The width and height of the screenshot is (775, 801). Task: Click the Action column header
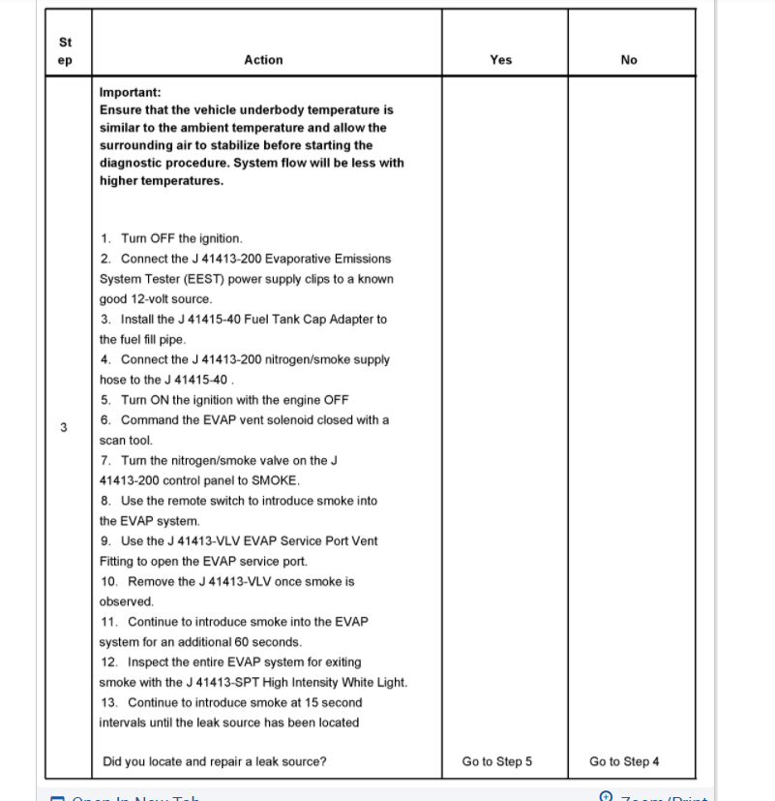click(x=263, y=60)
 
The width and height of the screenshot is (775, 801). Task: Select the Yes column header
click(x=501, y=60)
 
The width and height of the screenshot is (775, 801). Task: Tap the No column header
click(x=629, y=60)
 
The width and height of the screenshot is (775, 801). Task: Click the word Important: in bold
click(x=131, y=93)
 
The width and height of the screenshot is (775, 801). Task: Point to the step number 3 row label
click(x=64, y=427)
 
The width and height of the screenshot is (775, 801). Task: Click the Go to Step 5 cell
click(x=497, y=761)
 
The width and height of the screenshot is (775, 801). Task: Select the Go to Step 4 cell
click(x=624, y=761)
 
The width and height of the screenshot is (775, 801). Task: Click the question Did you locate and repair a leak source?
click(x=215, y=761)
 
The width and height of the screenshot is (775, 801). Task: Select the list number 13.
click(x=109, y=703)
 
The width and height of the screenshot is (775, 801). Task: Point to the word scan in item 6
click(x=111, y=440)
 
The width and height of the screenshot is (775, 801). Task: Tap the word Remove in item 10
click(x=150, y=581)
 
